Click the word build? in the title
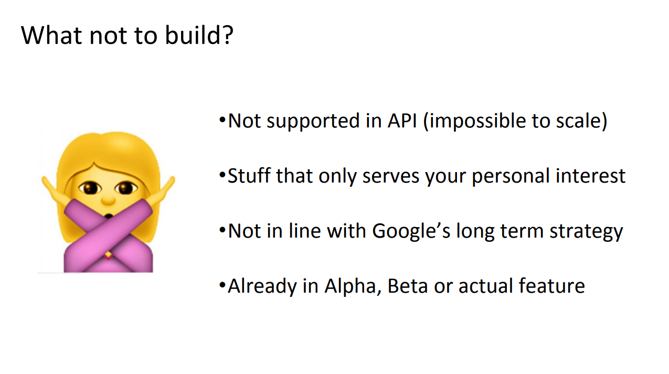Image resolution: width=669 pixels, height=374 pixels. click(x=199, y=35)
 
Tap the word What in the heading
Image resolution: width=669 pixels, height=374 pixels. click(x=51, y=35)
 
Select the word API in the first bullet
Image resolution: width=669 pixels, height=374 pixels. click(x=402, y=121)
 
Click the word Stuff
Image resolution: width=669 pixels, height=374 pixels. click(x=249, y=176)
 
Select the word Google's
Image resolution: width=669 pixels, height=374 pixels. click(x=411, y=231)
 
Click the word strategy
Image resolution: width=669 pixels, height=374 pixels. click(x=586, y=232)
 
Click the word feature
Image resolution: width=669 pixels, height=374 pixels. click(x=552, y=286)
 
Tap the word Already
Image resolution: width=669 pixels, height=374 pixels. click(x=262, y=286)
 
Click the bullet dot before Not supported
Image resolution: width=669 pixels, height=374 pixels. click(x=222, y=120)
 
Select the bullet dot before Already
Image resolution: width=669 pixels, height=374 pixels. click(x=222, y=285)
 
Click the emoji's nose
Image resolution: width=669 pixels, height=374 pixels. click(x=108, y=200)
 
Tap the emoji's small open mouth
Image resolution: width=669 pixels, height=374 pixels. click(x=109, y=216)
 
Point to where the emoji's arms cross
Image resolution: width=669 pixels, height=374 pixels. click(x=108, y=236)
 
